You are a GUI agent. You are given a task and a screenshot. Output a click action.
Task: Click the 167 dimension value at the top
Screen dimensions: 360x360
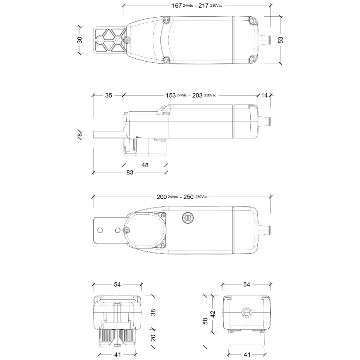[x=177, y=6]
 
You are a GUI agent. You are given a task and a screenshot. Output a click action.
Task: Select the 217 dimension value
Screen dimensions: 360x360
[x=204, y=6]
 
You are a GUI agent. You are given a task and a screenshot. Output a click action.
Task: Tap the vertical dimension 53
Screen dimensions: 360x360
[x=280, y=40]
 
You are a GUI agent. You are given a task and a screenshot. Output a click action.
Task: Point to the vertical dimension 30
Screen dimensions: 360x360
[x=80, y=40]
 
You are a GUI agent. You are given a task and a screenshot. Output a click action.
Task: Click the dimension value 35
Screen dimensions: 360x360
[x=108, y=95]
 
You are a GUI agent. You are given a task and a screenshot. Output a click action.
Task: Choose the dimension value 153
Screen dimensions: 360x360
[x=170, y=95]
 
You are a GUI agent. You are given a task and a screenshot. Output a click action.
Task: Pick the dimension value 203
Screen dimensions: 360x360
[x=197, y=95]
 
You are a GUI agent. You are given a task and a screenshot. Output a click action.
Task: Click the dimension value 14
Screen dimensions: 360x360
[x=264, y=95]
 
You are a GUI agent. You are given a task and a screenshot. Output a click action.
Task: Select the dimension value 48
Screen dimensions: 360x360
[x=145, y=165]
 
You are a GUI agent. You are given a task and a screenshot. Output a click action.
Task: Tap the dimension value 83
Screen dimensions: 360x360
[x=130, y=172]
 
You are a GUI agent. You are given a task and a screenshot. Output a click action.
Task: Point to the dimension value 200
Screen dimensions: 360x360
[x=162, y=197]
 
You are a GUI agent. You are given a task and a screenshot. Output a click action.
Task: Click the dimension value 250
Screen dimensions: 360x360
[x=188, y=197]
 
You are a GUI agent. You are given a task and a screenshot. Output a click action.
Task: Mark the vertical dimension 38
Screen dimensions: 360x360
[x=153, y=312]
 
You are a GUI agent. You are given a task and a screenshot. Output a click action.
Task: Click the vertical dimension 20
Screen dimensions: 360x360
[x=153, y=338]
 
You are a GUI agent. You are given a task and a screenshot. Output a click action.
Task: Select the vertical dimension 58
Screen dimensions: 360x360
[x=205, y=321]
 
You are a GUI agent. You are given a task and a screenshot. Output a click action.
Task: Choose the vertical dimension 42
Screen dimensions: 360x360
[x=213, y=314]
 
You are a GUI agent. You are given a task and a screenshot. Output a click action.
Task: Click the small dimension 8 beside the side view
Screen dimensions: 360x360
[x=80, y=134]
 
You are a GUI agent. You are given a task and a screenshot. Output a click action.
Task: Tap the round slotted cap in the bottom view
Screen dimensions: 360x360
[x=188, y=218]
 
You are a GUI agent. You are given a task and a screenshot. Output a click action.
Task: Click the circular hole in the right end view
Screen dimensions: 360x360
[x=246, y=312]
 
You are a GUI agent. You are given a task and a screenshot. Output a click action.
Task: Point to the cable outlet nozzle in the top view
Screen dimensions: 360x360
[x=264, y=40]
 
